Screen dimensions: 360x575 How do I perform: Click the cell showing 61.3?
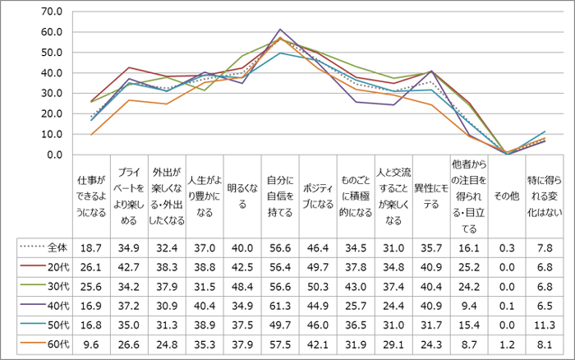[x=280, y=304]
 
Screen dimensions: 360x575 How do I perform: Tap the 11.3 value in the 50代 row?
[x=545, y=323]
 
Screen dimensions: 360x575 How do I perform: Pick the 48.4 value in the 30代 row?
[x=241, y=285]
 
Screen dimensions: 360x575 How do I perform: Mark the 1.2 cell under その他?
[x=508, y=342]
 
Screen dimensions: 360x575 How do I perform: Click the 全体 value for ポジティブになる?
[x=318, y=247]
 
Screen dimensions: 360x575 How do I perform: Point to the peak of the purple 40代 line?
[x=280, y=30]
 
